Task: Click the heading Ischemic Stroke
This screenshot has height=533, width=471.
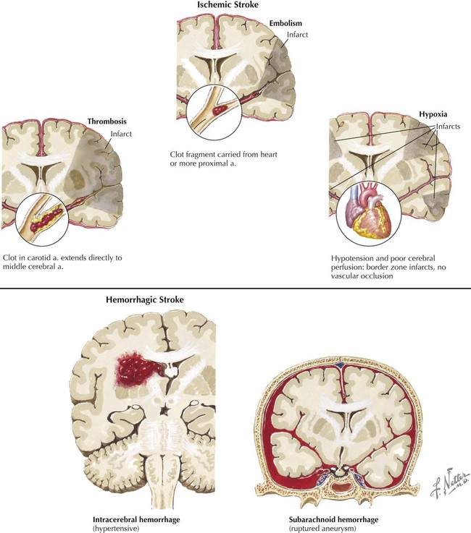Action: point(228,5)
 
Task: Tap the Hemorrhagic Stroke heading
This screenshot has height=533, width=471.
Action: point(145,300)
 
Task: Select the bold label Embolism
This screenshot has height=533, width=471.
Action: point(285,23)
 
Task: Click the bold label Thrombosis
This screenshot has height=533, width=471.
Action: point(107,121)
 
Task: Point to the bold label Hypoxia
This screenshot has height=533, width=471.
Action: point(433,114)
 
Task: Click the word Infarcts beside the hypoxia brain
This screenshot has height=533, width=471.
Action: point(449,127)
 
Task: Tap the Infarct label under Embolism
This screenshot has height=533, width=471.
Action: point(297,35)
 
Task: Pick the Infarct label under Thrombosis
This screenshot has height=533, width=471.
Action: point(121,134)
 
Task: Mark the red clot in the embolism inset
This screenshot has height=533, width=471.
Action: point(220,110)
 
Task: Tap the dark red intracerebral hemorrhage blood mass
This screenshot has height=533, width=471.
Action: point(137,370)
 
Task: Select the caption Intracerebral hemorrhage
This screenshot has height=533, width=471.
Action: point(136,520)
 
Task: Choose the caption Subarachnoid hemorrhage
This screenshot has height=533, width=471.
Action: point(333,520)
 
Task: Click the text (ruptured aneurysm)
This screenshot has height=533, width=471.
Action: point(322,529)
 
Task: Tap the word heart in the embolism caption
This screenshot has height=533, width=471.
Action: point(269,154)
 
